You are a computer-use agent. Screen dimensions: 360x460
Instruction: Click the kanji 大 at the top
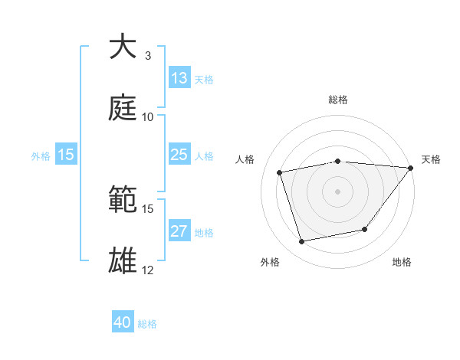(123, 47)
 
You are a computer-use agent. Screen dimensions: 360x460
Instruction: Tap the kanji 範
(123, 200)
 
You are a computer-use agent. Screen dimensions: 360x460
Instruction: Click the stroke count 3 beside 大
(147, 56)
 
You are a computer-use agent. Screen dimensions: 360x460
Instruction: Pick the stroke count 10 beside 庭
(148, 117)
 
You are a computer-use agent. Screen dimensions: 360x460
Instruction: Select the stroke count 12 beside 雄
(148, 270)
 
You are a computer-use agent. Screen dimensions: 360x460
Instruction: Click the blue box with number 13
(179, 78)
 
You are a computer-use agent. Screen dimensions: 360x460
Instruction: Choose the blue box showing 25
(179, 155)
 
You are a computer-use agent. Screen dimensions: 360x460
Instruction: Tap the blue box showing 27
(179, 231)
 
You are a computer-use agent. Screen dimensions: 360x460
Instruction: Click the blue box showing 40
(123, 322)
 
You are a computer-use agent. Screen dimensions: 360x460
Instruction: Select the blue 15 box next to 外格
(66, 155)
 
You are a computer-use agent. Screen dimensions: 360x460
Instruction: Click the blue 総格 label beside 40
(148, 324)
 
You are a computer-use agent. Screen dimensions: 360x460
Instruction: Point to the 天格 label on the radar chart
(431, 159)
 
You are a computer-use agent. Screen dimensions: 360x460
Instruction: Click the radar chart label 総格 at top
(337, 100)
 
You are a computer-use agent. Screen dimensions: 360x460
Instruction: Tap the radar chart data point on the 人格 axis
(280, 172)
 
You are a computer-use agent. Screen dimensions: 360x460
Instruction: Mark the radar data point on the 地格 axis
(365, 229)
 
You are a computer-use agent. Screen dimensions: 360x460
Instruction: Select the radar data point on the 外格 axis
(302, 241)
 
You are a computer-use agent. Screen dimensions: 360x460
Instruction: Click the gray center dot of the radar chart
(337, 191)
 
